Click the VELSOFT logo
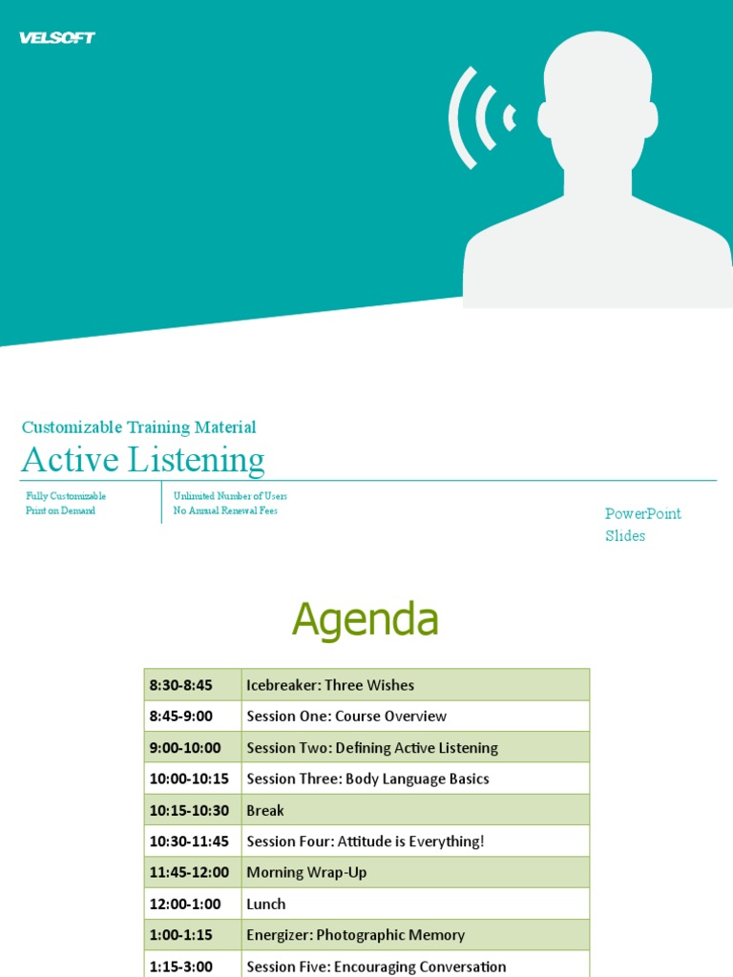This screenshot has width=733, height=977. click(x=57, y=38)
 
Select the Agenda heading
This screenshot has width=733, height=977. click(x=366, y=620)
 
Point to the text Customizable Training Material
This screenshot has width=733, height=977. click(x=138, y=427)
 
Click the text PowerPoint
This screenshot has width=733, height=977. click(x=643, y=513)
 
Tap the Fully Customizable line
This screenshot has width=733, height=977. click(x=66, y=496)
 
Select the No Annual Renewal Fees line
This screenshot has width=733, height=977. click(x=225, y=510)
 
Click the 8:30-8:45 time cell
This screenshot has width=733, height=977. click(x=181, y=685)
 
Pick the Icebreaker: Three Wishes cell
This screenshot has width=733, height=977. click(x=330, y=685)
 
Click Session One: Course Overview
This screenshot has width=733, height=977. click(x=346, y=717)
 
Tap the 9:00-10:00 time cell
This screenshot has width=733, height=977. click(x=185, y=748)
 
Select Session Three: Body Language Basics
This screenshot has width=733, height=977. click(x=367, y=779)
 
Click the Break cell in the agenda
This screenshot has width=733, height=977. click(x=265, y=810)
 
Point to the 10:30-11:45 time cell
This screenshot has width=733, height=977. click(x=189, y=842)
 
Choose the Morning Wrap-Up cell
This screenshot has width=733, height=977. click(x=306, y=872)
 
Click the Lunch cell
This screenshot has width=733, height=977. click(x=266, y=904)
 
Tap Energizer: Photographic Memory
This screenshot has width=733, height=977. click(x=356, y=935)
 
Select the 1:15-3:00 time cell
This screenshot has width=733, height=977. click(x=181, y=966)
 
